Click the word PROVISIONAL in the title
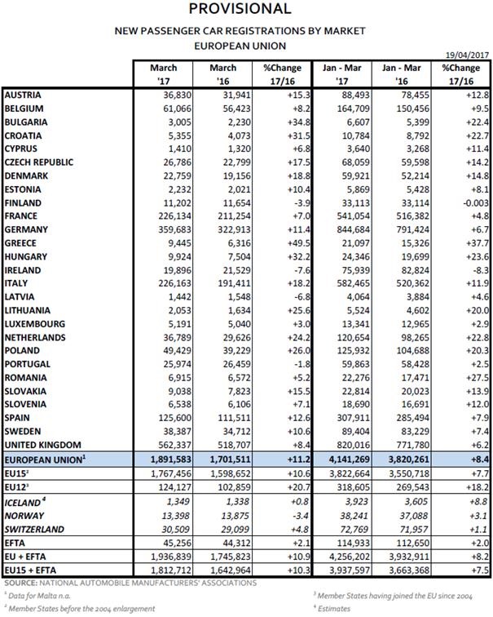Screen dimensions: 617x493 coord(239,10)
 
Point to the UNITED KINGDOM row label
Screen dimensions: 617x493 coord(43,444)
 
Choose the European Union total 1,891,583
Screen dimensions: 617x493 coord(160,459)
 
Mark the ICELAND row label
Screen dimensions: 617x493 coord(25,504)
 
